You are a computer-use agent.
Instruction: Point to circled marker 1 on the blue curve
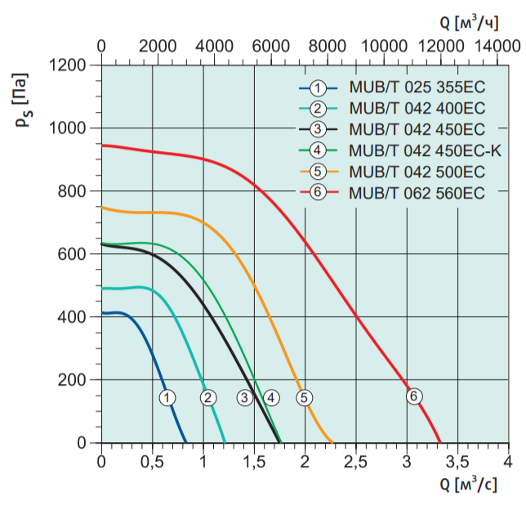coord(167,398)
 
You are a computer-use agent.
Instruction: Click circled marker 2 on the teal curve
coord(208,398)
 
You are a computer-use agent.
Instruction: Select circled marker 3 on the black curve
coord(245,398)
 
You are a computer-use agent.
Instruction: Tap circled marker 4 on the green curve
coord(270,398)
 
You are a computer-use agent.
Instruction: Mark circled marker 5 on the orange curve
coord(304,398)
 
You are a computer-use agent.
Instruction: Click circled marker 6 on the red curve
coord(413,396)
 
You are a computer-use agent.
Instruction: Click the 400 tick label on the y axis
coord(74,317)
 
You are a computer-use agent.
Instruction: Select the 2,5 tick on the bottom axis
coord(355,463)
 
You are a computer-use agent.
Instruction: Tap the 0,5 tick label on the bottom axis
coord(152,463)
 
